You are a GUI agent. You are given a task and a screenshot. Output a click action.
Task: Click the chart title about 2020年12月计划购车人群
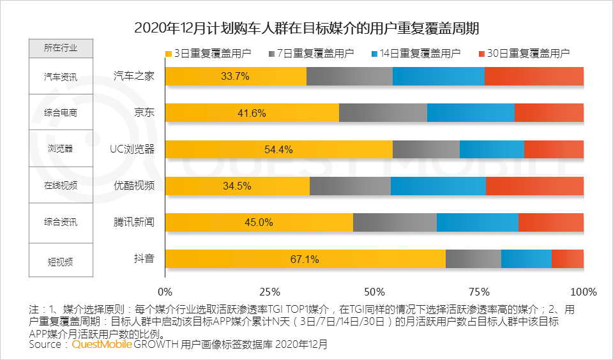coord(306,28)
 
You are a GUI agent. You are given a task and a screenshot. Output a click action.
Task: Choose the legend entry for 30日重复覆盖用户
coord(523,54)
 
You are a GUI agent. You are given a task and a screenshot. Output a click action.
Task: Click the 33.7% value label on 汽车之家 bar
coord(235,77)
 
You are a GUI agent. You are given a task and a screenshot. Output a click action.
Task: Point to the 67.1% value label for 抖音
coord(305,259)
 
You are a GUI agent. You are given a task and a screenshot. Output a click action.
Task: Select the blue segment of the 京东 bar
coord(470,113)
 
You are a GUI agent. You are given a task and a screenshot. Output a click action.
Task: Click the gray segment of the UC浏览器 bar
coord(426,149)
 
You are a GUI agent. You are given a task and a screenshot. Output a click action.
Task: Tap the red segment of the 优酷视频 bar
coord(534,186)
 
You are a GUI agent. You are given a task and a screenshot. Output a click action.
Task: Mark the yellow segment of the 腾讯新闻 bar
coord(259,222)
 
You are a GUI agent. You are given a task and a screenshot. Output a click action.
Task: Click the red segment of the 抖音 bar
coord(567,259)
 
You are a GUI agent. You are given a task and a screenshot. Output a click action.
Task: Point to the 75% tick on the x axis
coord(479,292)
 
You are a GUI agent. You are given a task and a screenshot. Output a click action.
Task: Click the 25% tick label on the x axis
coord(269,292)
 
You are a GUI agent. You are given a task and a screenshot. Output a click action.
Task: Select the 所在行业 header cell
coord(61,48)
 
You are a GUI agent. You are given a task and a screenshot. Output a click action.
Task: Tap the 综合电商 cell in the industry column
coord(61,113)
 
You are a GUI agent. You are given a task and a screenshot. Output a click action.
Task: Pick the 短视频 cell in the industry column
coord(61,260)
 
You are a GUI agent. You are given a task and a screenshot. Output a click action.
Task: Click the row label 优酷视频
coord(134,186)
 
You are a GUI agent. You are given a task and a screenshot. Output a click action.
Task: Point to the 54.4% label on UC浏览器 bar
coord(278,149)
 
